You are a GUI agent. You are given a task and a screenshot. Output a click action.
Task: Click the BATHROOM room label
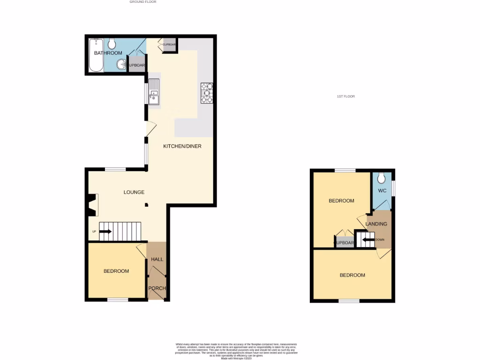pos(108,53)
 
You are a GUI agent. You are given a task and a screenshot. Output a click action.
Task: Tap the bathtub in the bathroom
pos(96,55)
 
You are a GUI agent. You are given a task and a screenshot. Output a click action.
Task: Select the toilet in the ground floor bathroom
pos(112,44)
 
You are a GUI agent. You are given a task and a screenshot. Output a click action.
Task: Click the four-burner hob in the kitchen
pos(207,93)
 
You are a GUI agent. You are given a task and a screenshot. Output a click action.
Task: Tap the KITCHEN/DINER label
pos(182,146)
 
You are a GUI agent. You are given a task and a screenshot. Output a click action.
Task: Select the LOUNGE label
pos(134,192)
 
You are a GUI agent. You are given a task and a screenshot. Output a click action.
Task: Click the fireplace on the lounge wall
pos(90,205)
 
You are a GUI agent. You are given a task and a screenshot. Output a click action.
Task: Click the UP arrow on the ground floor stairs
pos(105,231)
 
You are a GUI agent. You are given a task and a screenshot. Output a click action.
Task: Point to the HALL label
pos(157,259)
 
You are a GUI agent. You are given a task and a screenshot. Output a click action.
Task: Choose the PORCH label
pos(157,288)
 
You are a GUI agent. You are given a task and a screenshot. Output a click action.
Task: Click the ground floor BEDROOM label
pos(116,271)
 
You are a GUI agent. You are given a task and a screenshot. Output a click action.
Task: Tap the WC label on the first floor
pos(382,191)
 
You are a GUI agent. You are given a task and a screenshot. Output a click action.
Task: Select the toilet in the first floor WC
pos(381,178)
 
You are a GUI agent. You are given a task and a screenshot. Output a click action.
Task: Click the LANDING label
pos(376,224)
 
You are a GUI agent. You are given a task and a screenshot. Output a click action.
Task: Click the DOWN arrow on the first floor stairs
pos(368,240)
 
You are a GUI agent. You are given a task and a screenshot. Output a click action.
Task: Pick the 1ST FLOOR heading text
pos(345,97)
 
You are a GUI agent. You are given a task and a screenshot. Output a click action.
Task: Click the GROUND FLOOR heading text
pos(142,2)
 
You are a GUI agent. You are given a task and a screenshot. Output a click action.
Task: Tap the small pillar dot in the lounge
pos(146,204)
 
